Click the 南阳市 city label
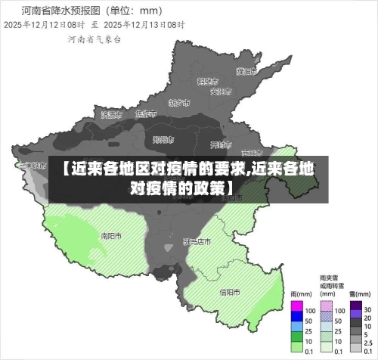[111, 235]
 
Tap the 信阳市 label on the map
[230, 291]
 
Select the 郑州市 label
[163, 139]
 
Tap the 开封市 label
[219, 144]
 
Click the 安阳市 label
[219, 92]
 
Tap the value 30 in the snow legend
[367, 311]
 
